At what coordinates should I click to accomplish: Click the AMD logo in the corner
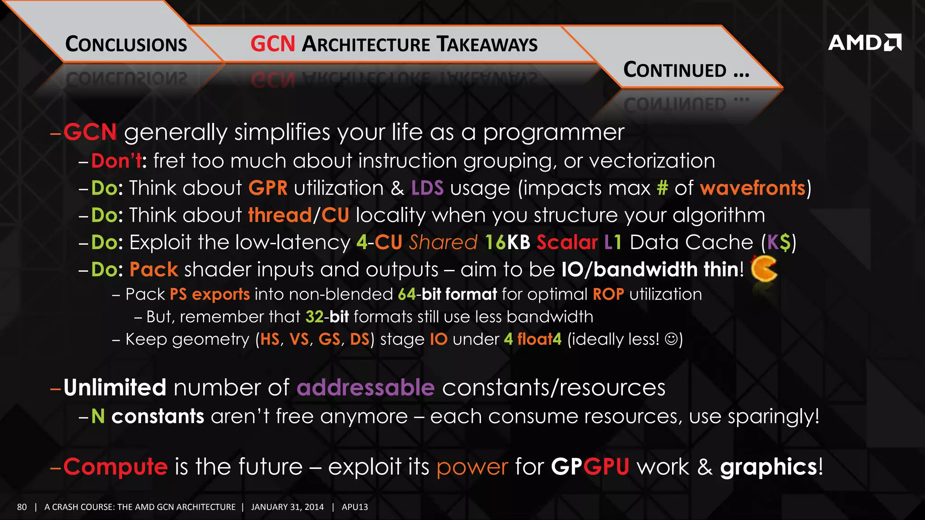864,42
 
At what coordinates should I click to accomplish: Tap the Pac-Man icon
763,269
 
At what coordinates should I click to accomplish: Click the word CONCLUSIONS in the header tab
126,44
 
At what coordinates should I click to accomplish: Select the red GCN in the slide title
273,44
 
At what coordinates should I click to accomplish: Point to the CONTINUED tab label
686,70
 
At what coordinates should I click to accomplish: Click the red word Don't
117,161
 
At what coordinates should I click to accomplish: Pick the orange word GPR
268,188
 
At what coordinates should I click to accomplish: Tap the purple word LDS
427,188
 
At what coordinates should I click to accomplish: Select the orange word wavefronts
752,188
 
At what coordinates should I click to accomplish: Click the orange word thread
280,215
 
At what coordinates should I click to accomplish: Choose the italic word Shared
443,242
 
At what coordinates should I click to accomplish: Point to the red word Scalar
567,242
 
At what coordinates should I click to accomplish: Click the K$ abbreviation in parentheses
779,242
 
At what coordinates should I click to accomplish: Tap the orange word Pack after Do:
154,269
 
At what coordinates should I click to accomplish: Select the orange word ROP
608,294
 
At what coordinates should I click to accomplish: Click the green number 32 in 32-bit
314,317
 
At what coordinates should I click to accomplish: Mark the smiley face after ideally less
672,339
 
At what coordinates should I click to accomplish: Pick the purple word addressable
365,388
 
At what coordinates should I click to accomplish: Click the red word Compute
116,466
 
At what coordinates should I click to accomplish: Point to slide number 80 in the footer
22,507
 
